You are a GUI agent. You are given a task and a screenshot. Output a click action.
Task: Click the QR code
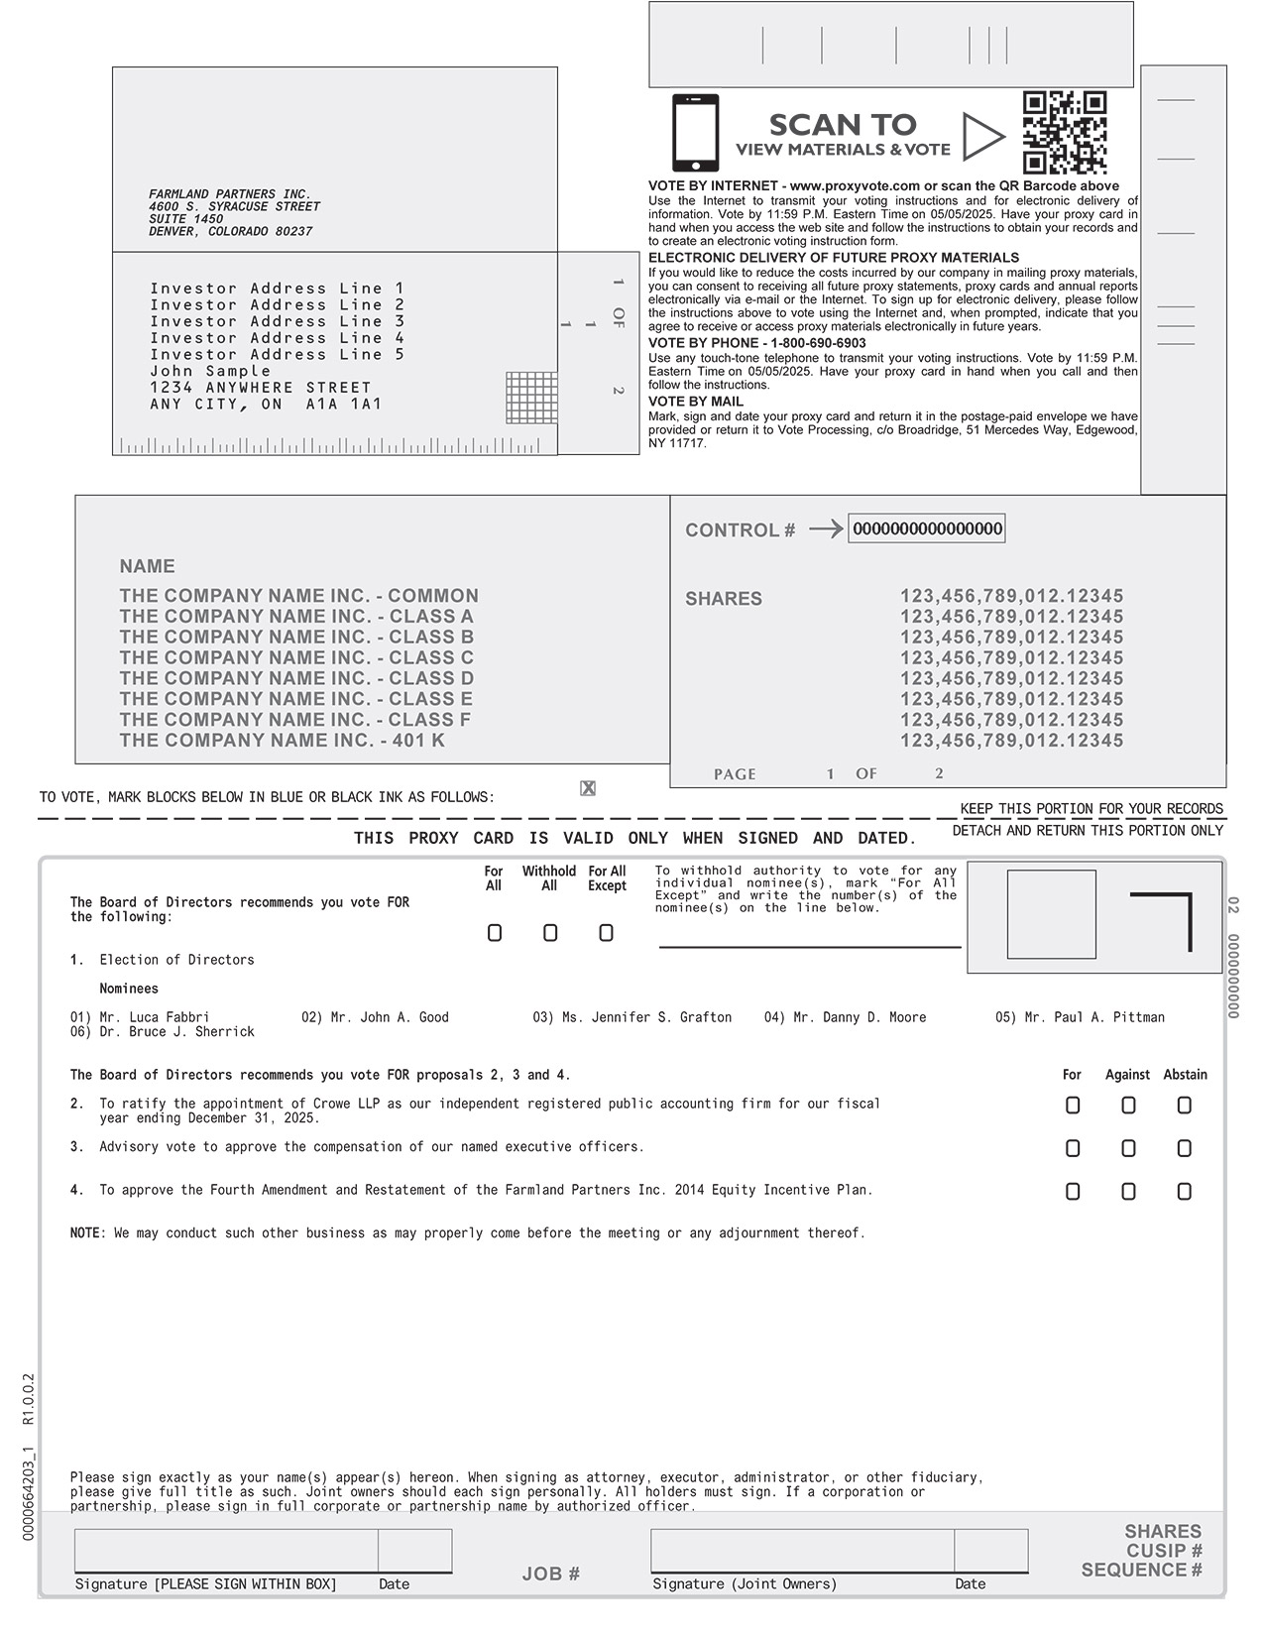(x=1064, y=133)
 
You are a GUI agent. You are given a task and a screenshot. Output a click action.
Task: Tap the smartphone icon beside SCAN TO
(x=695, y=133)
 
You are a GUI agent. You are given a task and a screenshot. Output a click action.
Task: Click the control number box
(x=927, y=528)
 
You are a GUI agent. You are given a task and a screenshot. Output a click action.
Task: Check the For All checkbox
(x=495, y=933)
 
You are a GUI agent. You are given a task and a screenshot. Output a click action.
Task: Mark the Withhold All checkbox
(x=550, y=933)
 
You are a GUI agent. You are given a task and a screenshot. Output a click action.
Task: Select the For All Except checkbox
(x=606, y=933)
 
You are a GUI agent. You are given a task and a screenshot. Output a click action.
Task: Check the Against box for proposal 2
(x=1128, y=1106)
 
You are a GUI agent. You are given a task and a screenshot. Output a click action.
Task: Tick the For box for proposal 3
(x=1073, y=1148)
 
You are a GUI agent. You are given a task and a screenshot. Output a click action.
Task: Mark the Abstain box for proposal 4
(x=1184, y=1192)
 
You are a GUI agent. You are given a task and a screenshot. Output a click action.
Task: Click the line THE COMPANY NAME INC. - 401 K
(x=283, y=741)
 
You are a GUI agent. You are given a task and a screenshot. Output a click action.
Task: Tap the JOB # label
(x=551, y=1574)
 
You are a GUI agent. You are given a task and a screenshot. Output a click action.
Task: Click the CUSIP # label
(x=1164, y=1551)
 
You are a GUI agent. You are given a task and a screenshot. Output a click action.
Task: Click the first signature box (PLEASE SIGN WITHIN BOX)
(x=226, y=1551)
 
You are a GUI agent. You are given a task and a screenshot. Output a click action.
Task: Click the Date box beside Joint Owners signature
(x=990, y=1551)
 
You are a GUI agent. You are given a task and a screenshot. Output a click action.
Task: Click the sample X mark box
(x=588, y=788)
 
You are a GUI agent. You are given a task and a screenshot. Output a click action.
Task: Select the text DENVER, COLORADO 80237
(x=231, y=232)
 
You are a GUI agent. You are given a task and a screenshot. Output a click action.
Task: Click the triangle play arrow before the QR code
(x=980, y=137)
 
